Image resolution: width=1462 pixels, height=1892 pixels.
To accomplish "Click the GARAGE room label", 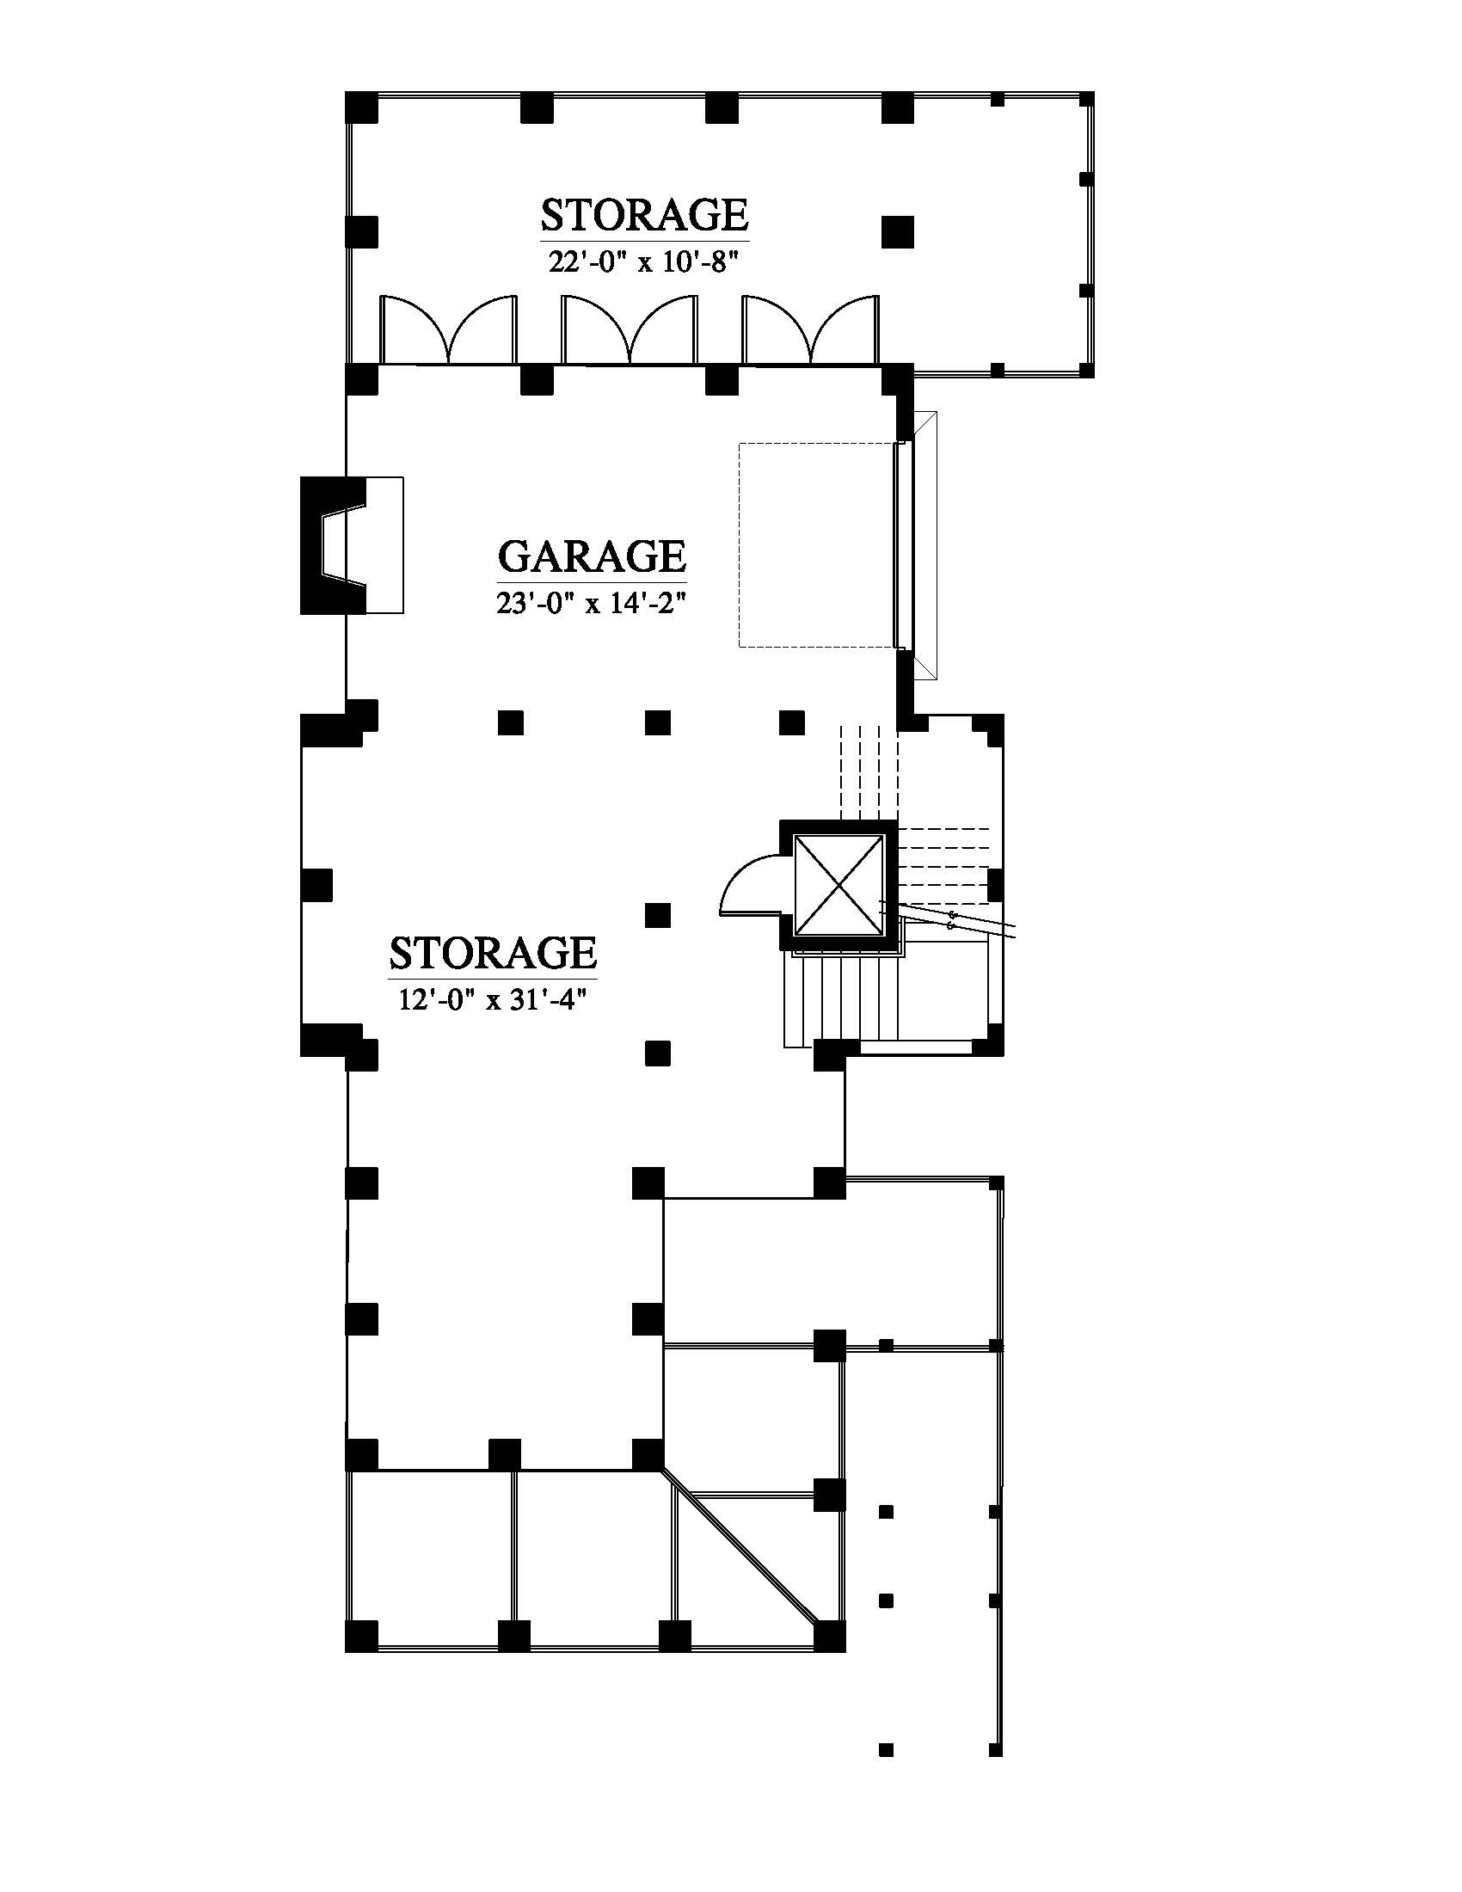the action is [593, 556].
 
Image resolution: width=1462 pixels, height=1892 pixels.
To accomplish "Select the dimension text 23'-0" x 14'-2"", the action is [593, 603].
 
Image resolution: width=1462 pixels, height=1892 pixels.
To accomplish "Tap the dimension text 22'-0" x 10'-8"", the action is [645, 261].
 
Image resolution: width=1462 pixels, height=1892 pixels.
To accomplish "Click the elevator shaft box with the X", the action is [838, 885].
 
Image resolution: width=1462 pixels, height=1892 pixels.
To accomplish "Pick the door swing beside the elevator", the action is [752, 883].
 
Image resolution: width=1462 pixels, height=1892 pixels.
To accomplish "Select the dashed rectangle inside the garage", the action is [817, 545].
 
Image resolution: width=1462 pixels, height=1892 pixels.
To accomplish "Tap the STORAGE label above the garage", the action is [645, 215].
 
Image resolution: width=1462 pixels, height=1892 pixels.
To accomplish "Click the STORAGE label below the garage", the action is [493, 953].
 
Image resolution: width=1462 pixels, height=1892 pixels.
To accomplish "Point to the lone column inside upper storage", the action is [898, 232].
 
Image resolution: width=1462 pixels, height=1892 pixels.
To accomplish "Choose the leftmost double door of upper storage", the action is [450, 329].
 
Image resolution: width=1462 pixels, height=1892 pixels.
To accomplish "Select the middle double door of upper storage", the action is [630, 329].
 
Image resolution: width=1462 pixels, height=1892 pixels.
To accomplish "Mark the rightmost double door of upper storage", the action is [811, 329].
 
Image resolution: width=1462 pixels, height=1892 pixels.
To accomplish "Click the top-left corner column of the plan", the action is [361, 107].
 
